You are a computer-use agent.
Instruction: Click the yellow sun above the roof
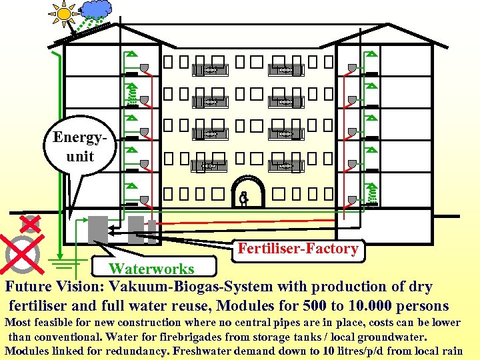pyautogui.click(x=64, y=12)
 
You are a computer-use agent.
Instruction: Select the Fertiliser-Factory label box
pyautogui.click(x=298, y=249)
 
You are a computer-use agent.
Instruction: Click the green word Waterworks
pyautogui.click(x=151, y=269)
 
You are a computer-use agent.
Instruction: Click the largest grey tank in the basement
pyautogui.click(x=98, y=231)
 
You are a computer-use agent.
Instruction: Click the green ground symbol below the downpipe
pyautogui.click(x=59, y=261)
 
